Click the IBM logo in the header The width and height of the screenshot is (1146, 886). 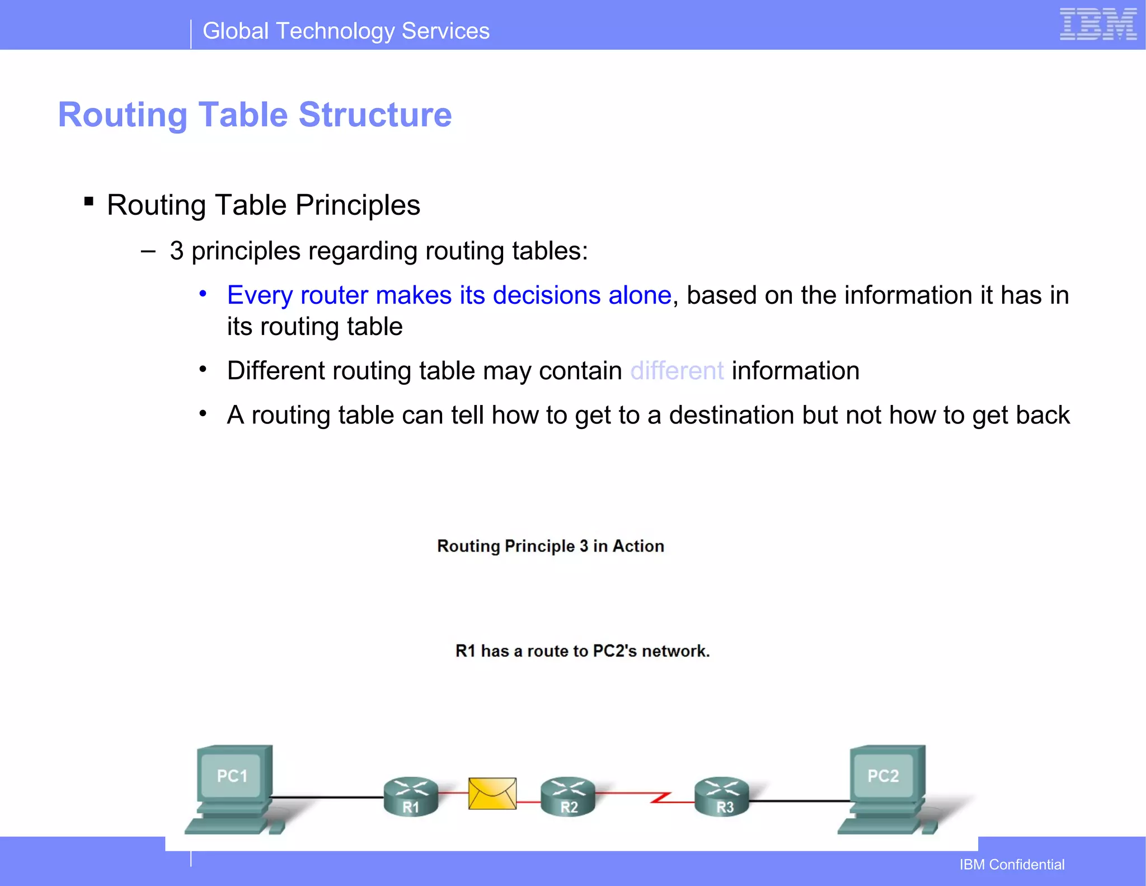coord(1098,25)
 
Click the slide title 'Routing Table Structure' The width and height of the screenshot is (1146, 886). coord(255,115)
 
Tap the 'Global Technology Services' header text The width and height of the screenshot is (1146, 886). coord(346,31)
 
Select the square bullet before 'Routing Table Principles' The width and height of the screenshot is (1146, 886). coord(88,201)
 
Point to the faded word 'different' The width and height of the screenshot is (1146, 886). coord(677,371)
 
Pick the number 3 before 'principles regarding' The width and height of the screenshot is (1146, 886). coord(177,251)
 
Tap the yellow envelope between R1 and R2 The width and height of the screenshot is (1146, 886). coord(492,793)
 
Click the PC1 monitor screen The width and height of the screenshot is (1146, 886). coord(232,775)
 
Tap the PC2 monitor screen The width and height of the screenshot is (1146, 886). coord(882,775)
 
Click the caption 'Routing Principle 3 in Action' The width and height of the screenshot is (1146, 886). coord(551,546)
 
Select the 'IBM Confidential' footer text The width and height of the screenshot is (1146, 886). coord(1012,865)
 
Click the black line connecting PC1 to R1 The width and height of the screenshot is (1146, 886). coord(327,797)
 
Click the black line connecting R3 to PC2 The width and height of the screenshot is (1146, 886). coord(800,801)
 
